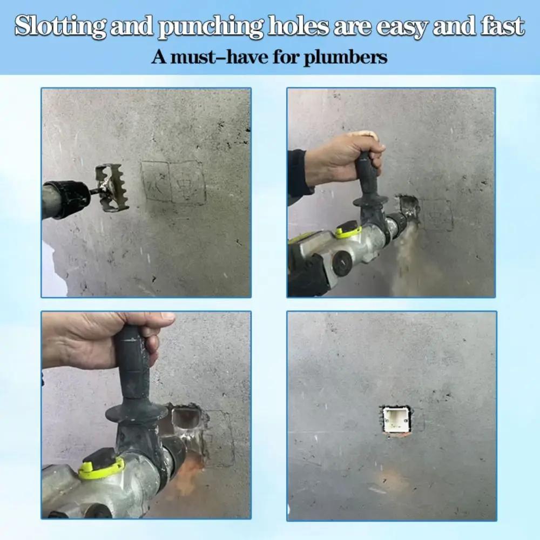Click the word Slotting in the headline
(x=59, y=26)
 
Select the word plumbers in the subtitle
(x=346, y=57)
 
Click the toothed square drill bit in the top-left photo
(x=111, y=187)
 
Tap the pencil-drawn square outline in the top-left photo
(x=173, y=181)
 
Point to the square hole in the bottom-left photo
(x=186, y=421)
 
